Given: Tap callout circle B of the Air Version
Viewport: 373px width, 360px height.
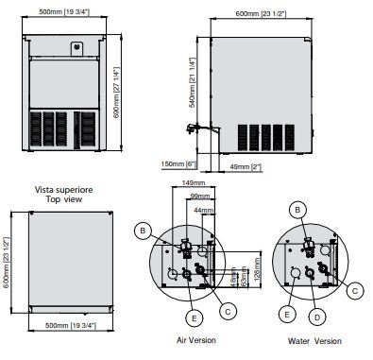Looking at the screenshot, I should click(142, 230).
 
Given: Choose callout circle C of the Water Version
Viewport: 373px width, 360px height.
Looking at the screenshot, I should click(354, 290).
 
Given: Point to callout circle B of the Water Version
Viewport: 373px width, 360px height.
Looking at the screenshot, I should click(297, 208).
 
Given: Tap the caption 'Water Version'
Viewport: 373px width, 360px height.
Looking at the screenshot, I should click(314, 341).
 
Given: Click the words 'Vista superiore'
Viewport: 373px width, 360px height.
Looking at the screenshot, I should click(66, 188).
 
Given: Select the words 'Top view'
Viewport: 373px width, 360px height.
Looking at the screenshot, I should click(66, 200).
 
